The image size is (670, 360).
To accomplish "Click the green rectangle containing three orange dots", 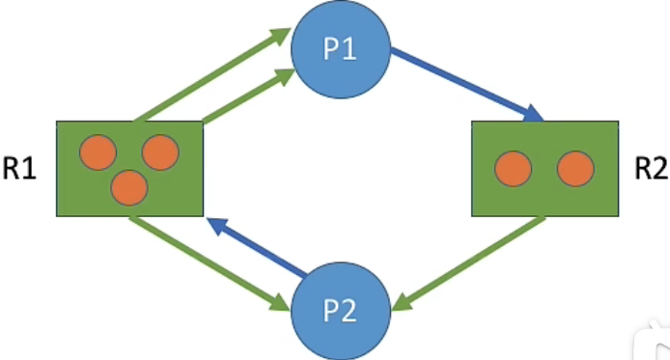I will tap(129, 169).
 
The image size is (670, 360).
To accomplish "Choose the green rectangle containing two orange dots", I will tap(544, 169).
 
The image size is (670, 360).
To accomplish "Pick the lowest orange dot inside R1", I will tap(129, 187).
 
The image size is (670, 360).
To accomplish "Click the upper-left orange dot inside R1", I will tap(98, 152).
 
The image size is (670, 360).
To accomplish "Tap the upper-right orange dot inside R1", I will tap(160, 152).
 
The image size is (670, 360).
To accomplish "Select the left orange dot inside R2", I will tap(513, 169).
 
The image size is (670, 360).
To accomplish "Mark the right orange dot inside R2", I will tap(575, 169).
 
